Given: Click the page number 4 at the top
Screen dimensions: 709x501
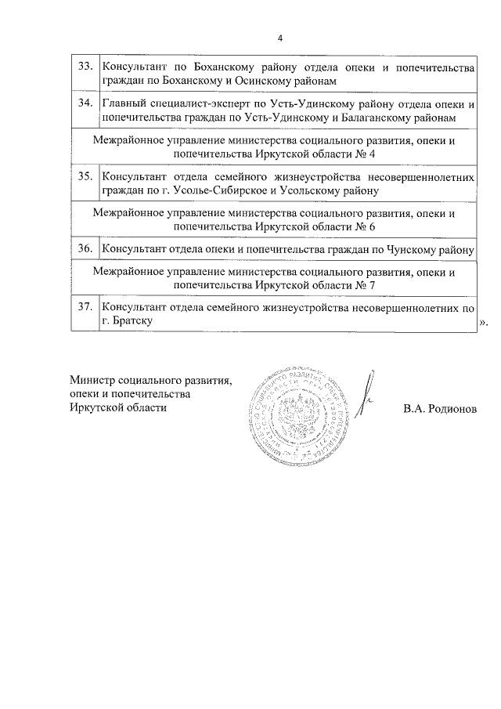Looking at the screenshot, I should coord(279,38).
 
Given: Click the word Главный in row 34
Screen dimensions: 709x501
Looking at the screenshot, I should coord(124,103).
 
